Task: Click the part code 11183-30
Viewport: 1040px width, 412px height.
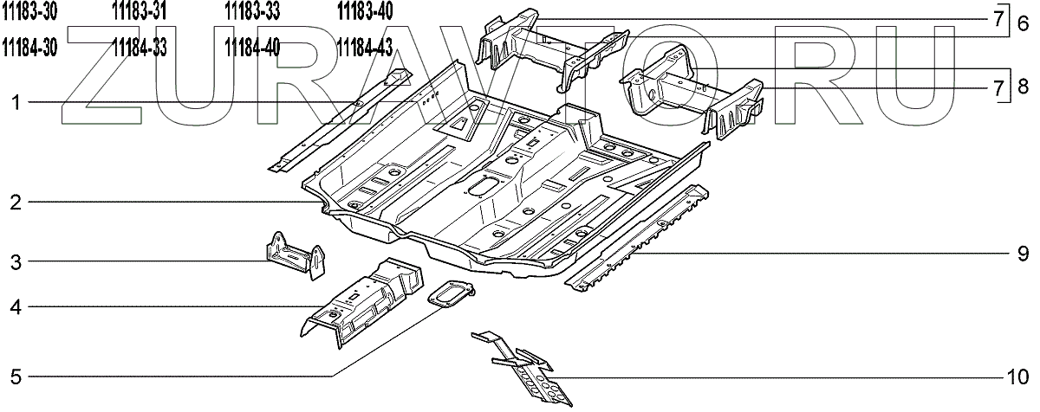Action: pyautogui.click(x=30, y=11)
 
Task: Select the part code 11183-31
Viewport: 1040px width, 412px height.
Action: pyautogui.click(x=140, y=11)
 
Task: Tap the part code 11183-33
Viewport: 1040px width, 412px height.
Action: pyautogui.click(x=251, y=11)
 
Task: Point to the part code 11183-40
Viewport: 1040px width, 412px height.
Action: pyautogui.click(x=364, y=11)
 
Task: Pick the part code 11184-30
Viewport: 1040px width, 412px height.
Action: pyautogui.click(x=30, y=47)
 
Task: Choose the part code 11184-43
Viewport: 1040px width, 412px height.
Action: pyautogui.click(x=364, y=47)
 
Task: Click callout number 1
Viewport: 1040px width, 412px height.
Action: pyautogui.click(x=16, y=104)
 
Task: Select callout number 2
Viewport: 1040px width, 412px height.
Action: pyautogui.click(x=16, y=203)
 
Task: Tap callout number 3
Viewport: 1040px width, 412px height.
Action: pyautogui.click(x=16, y=261)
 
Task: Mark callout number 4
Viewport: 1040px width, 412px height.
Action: pyautogui.click(x=16, y=306)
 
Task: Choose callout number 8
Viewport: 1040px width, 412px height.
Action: pyautogui.click(x=1023, y=87)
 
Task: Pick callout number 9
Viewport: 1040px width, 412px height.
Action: pyautogui.click(x=1023, y=254)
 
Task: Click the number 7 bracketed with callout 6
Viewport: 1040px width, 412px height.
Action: pyautogui.click(x=999, y=18)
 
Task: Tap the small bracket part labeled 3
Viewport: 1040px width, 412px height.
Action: pyautogui.click(x=294, y=257)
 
